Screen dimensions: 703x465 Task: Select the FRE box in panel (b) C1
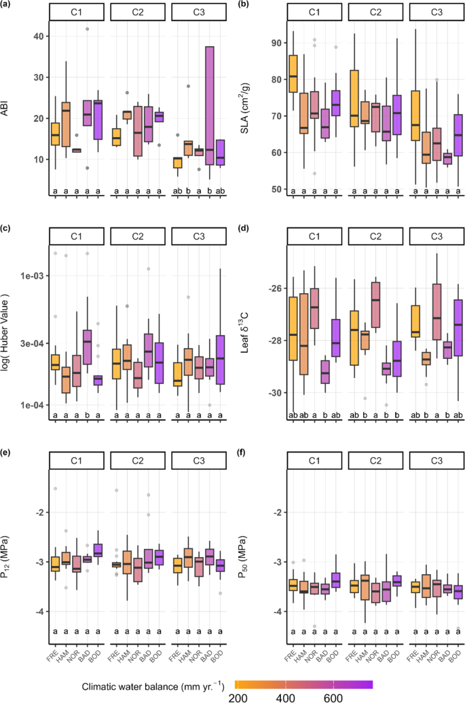click(293, 73)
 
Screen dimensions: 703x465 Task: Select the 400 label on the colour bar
click(284, 697)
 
